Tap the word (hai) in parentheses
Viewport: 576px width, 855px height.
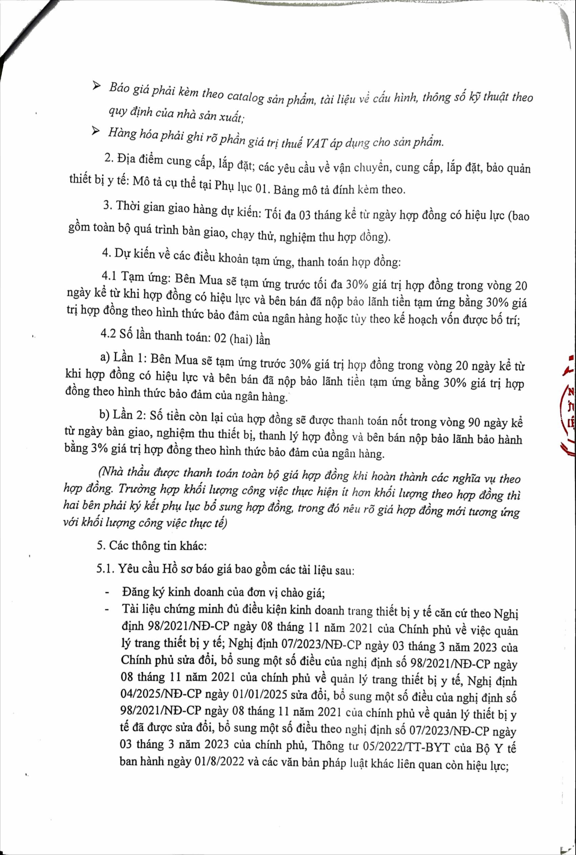(240, 339)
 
